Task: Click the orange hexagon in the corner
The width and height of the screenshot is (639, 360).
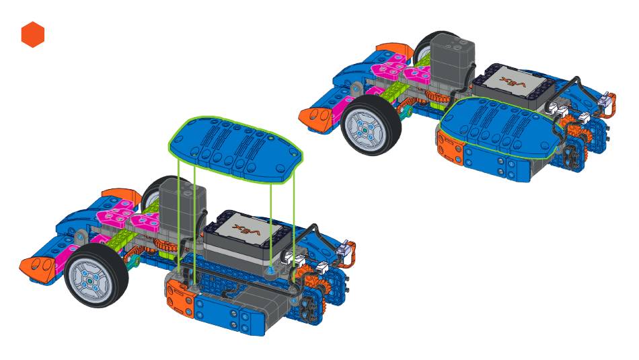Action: pyautogui.click(x=32, y=35)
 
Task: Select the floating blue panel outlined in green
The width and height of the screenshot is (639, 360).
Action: pyautogui.click(x=236, y=149)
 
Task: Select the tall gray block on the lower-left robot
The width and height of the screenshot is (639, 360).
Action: pyautogui.click(x=182, y=208)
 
